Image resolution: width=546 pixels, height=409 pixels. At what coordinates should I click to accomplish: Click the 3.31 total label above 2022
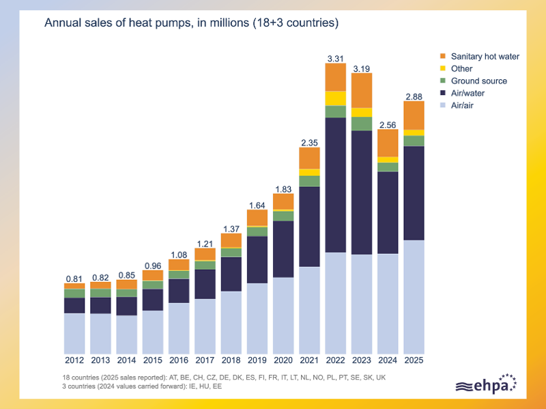click(x=335, y=59)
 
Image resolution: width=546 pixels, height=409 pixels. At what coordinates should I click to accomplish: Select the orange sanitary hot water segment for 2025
click(x=414, y=115)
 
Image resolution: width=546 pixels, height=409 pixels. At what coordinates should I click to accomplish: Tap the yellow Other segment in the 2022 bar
click(x=335, y=98)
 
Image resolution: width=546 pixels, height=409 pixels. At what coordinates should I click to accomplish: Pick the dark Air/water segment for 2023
click(x=362, y=193)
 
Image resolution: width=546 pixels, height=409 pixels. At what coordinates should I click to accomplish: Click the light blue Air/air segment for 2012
click(x=74, y=334)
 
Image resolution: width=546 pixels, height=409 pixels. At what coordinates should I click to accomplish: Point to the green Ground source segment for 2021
click(x=309, y=181)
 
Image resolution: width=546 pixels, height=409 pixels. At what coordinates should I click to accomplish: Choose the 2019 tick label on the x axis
click(x=257, y=361)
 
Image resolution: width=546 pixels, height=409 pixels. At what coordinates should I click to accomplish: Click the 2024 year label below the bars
click(x=388, y=361)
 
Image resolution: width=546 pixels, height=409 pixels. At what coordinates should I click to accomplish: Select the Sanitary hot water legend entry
click(x=480, y=57)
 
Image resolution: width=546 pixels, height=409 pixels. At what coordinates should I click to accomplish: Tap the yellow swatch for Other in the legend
click(x=442, y=68)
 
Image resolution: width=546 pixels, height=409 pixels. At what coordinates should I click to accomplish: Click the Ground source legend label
click(x=479, y=81)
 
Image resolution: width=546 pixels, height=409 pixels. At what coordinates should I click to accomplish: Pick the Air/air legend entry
click(x=457, y=105)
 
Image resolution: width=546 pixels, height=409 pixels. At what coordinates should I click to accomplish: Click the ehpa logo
click(x=486, y=384)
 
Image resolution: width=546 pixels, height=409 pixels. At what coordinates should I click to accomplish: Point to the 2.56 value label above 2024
click(x=388, y=125)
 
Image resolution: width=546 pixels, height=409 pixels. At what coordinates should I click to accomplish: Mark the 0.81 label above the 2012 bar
click(x=74, y=279)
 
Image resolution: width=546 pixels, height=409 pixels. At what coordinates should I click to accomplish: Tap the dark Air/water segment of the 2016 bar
click(x=179, y=291)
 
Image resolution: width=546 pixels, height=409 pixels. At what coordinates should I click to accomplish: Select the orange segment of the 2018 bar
click(x=231, y=240)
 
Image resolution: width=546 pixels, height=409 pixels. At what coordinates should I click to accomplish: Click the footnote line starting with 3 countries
click(x=142, y=386)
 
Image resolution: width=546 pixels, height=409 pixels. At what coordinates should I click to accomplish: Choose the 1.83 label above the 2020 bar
click(x=283, y=189)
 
